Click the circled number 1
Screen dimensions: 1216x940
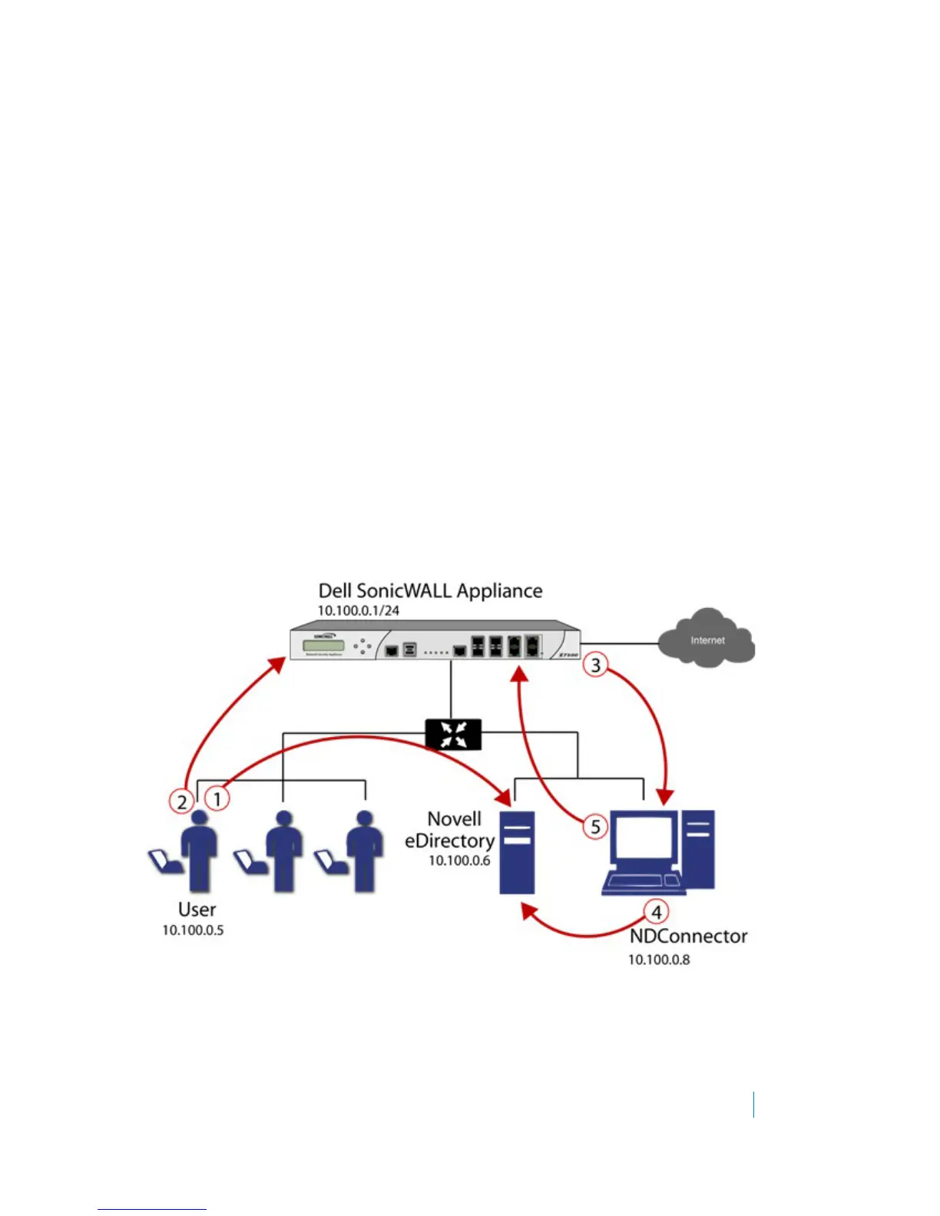point(217,798)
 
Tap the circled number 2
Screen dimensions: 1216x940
point(182,802)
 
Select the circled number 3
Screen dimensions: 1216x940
point(596,665)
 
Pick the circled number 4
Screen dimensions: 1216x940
point(656,912)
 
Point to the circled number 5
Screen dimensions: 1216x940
point(595,827)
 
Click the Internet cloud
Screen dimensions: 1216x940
point(707,639)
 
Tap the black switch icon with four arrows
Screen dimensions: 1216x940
point(453,734)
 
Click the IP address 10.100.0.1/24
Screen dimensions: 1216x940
point(359,611)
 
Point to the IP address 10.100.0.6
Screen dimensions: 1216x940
point(459,861)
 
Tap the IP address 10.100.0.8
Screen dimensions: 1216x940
point(659,960)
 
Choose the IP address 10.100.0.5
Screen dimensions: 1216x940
point(193,930)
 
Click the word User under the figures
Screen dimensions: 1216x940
point(197,910)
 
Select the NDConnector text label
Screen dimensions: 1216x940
point(688,937)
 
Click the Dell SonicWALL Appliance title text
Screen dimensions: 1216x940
point(430,591)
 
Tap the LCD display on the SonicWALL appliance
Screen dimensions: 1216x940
point(324,646)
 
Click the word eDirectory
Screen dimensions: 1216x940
point(449,841)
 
